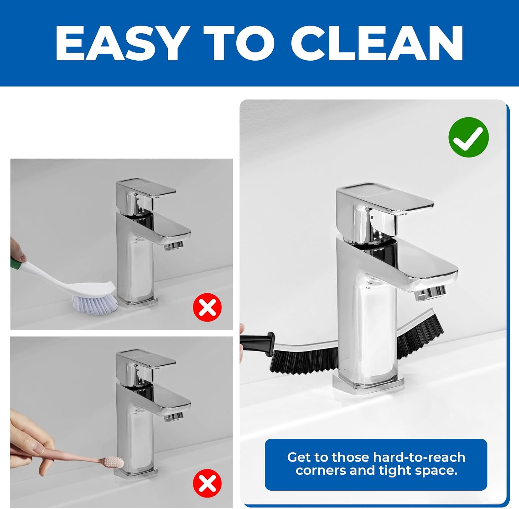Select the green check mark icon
pos(468,137)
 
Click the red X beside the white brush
pos(207,307)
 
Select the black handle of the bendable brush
pos(257,340)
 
